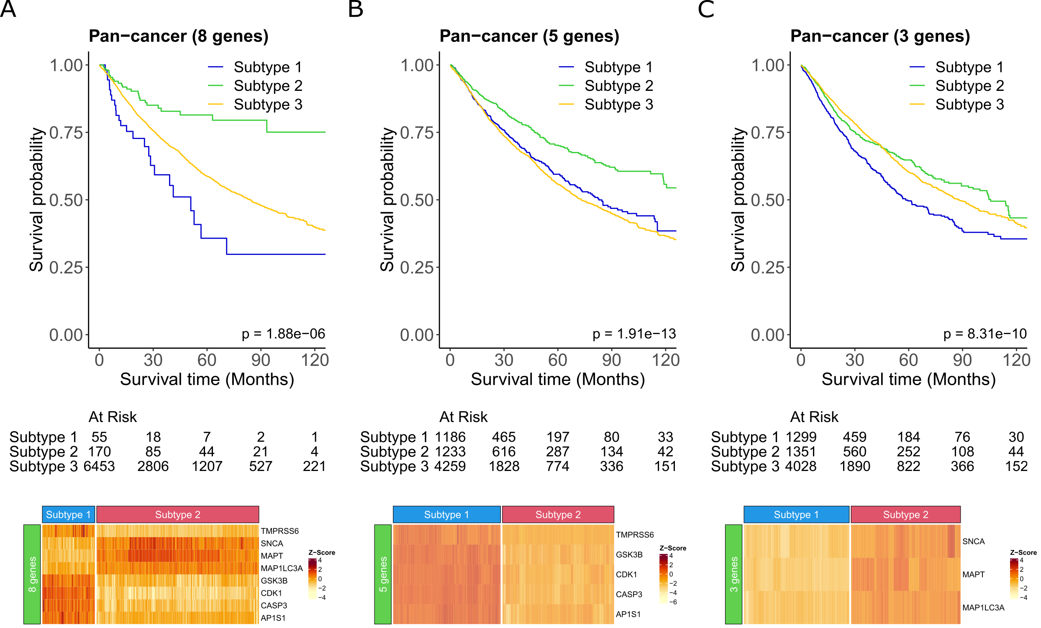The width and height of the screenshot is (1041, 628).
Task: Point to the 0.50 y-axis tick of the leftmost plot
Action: (x=66, y=200)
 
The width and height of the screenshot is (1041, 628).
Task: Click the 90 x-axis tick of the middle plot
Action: (x=611, y=360)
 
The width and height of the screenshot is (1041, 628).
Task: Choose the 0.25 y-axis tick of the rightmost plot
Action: (x=767, y=268)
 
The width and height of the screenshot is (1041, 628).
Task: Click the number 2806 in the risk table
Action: (x=153, y=466)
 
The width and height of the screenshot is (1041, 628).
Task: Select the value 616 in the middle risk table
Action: (x=504, y=452)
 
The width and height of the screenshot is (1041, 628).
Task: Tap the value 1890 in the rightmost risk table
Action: (x=855, y=466)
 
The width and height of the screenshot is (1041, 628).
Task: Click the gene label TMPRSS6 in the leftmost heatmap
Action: (x=279, y=531)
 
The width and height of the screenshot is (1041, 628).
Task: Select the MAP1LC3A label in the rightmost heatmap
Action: (x=983, y=608)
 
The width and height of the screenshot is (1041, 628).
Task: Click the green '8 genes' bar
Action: (x=32, y=574)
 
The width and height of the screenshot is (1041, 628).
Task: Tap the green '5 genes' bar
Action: (x=383, y=574)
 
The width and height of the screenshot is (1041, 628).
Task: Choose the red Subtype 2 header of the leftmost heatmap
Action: (x=177, y=514)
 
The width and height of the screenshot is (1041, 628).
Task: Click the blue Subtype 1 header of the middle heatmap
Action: (x=446, y=514)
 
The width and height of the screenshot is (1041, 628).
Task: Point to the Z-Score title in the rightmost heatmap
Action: (x=1023, y=552)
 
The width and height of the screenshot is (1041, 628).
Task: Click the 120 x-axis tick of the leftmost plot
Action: (x=315, y=360)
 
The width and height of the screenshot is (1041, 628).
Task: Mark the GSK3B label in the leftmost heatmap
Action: (x=274, y=581)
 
